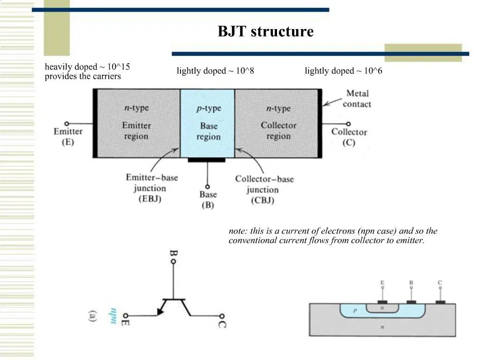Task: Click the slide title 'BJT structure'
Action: [265, 32]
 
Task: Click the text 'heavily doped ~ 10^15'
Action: [87, 67]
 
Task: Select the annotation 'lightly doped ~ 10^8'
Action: [215, 71]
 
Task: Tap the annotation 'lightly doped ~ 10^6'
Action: [343, 71]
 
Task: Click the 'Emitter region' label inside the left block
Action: [136, 131]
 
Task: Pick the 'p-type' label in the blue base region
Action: [208, 108]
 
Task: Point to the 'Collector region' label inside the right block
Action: [278, 131]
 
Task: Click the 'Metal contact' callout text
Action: [357, 98]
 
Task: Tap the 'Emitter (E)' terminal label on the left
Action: [68, 136]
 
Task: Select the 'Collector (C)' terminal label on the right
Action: [349, 136]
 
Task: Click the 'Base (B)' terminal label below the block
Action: [208, 199]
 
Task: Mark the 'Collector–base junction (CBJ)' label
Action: [264, 189]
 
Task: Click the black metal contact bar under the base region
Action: [206, 160]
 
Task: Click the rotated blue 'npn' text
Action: [112, 315]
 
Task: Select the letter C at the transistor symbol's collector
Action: [222, 323]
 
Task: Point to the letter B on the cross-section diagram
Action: [411, 283]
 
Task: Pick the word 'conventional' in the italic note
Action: [251, 240]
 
